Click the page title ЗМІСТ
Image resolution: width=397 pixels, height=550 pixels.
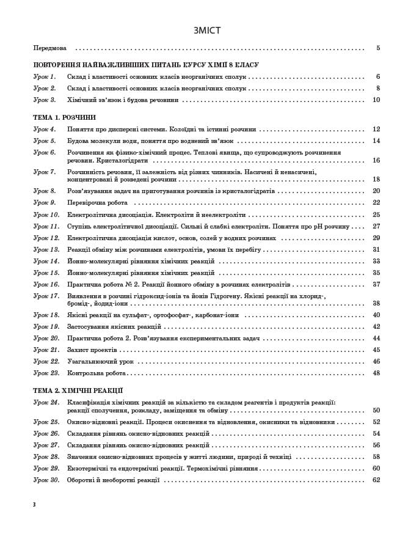[x=206, y=31]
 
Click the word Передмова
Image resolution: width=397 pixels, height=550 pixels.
[x=50, y=48]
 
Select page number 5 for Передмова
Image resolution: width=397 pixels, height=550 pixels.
[x=378, y=48]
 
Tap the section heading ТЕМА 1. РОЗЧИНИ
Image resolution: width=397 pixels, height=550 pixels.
[x=64, y=117]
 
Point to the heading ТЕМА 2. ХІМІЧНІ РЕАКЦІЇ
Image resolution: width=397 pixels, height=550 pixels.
[x=78, y=391]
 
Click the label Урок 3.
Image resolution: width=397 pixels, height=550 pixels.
[x=44, y=100]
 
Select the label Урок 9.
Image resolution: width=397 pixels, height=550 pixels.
[x=44, y=203]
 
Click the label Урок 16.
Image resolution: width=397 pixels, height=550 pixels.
[x=46, y=285]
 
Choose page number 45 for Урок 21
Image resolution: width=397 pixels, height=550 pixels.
[x=376, y=350]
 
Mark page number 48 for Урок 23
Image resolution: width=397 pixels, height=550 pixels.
[x=376, y=373]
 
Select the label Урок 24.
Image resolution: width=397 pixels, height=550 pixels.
[x=46, y=402]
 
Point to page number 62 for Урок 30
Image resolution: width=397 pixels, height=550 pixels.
[x=376, y=480]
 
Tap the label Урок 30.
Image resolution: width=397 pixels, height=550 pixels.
[x=46, y=480]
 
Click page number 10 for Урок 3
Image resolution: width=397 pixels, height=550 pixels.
[x=376, y=100]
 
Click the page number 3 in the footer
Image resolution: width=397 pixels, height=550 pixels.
[x=35, y=504]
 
